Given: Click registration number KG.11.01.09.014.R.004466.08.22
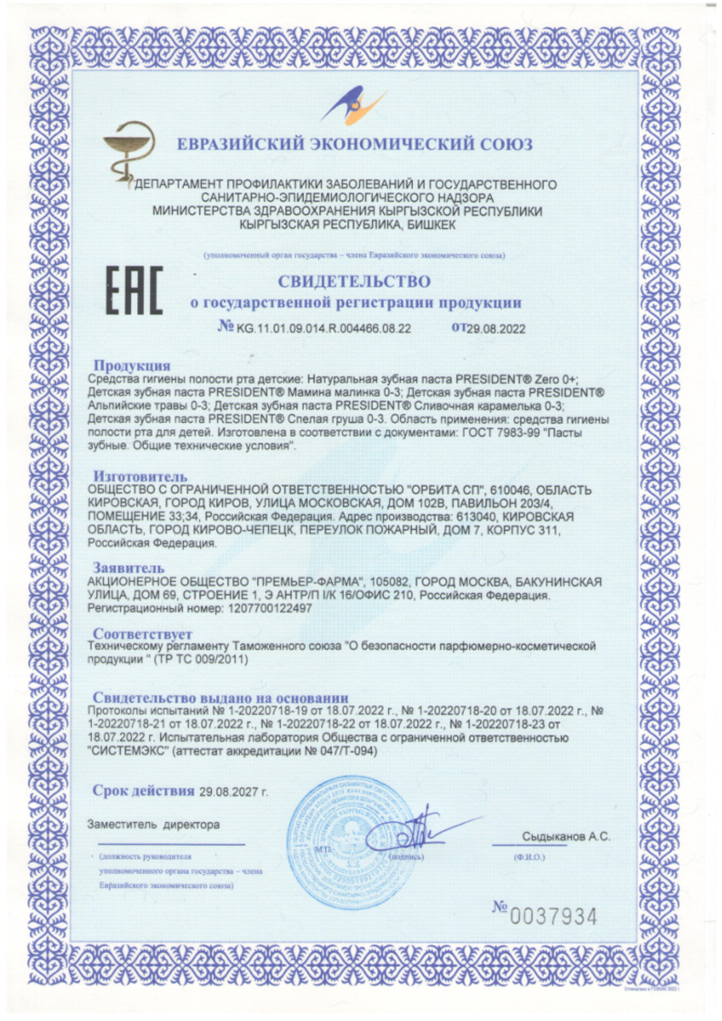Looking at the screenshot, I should pos(324,327).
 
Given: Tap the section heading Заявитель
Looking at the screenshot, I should pos(129,567).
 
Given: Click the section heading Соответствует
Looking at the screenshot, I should pos(143,634).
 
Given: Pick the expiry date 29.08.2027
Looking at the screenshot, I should pos(232,791).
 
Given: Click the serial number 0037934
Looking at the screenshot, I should pos(553,916).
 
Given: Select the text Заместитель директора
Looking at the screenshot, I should pos(153,824).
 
